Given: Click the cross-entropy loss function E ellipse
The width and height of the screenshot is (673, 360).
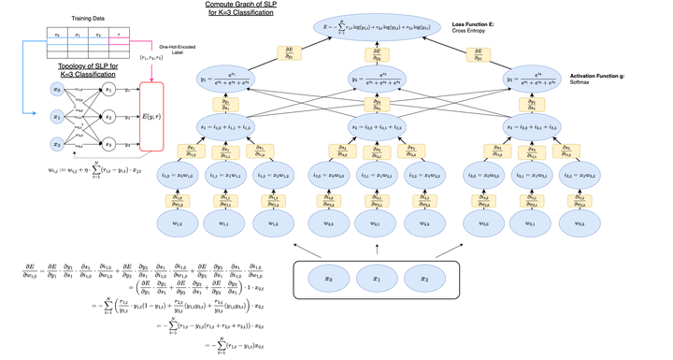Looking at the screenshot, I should click(x=377, y=27).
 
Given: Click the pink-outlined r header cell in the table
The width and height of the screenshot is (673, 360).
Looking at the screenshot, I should click(x=119, y=34).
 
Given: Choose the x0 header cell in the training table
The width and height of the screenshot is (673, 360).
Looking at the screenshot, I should click(x=57, y=34).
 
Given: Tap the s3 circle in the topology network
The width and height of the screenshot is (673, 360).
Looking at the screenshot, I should click(x=108, y=145).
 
